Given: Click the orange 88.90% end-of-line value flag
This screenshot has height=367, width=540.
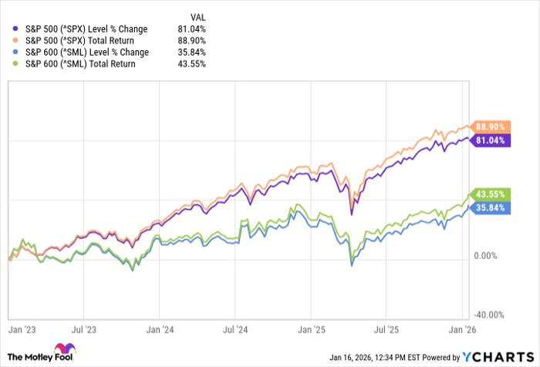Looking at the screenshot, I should point(491,126).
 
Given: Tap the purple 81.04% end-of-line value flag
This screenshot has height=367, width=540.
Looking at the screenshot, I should point(491,140).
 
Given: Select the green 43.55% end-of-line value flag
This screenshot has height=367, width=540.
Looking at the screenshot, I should point(491,193).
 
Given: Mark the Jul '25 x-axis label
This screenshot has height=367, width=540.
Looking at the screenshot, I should point(386,328).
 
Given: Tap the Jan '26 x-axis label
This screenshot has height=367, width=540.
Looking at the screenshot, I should point(461,328).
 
